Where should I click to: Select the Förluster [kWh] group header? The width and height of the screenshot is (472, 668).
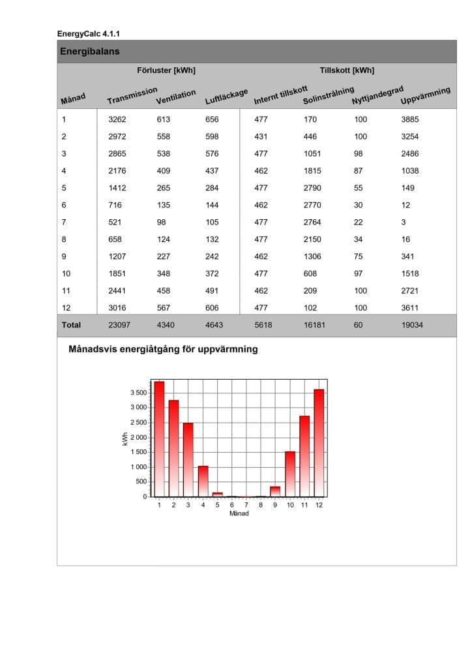[166, 70]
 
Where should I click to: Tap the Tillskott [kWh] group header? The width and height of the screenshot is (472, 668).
[347, 70]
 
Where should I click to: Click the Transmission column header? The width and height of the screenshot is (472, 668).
[132, 96]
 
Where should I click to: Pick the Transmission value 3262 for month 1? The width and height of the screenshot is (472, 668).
[117, 120]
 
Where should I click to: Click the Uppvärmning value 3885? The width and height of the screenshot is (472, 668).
[410, 120]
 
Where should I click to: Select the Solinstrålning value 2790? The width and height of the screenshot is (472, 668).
[312, 188]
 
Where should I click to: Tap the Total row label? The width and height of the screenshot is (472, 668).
[71, 324]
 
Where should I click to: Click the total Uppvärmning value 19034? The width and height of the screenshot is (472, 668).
[412, 324]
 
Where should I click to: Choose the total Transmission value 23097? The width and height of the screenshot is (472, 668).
[119, 324]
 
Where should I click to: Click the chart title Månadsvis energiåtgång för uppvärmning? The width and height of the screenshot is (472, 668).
[163, 349]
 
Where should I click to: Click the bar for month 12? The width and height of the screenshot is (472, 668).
[319, 444]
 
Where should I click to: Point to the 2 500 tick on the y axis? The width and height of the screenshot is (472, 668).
[138, 423]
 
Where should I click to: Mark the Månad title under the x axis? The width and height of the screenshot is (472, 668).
[239, 513]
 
